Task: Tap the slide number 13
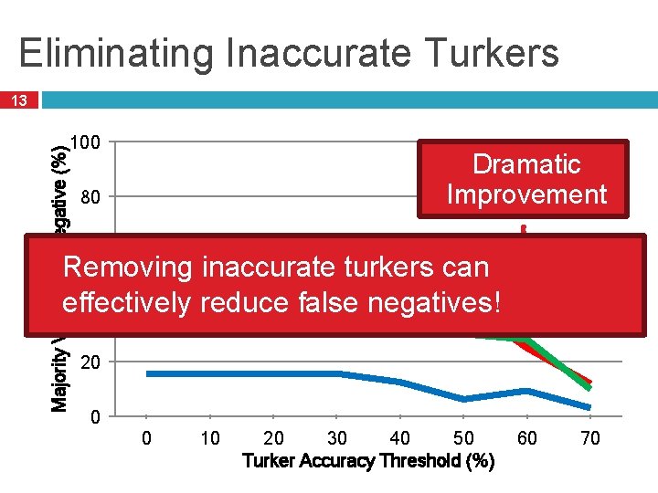[x=19, y=100]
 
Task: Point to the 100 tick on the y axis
[x=96, y=142]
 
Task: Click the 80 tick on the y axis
[x=90, y=197]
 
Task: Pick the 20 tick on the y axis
[x=90, y=362]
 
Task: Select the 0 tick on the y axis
[x=95, y=417]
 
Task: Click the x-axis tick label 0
[x=147, y=439]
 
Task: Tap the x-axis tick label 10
[x=210, y=439]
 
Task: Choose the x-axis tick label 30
[x=337, y=439]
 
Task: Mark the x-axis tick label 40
[x=400, y=439]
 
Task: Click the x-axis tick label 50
[x=464, y=439]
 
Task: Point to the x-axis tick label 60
[x=527, y=439]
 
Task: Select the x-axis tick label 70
[x=590, y=439]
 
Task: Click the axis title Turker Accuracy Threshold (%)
[x=369, y=461]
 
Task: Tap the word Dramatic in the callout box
[x=525, y=164]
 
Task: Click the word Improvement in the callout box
[x=525, y=194]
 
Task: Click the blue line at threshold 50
[x=464, y=399]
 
